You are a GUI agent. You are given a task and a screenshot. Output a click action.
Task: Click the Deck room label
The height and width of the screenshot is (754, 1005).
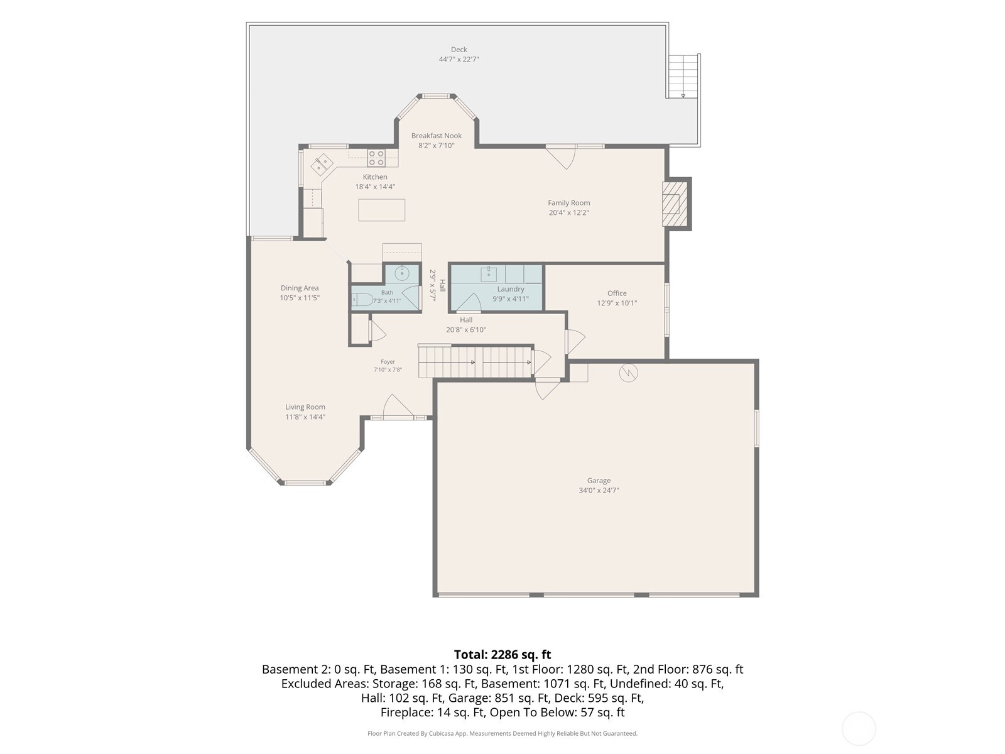point(459,50)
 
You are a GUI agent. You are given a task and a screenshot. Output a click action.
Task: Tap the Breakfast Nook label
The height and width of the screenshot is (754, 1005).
point(437,136)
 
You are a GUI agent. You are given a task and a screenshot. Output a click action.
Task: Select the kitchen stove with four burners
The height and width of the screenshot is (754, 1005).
point(376,158)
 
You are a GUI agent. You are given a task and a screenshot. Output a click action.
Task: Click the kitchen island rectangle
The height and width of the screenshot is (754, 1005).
point(381,210)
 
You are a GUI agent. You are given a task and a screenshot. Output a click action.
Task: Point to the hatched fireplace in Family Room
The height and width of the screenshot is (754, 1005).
point(675,204)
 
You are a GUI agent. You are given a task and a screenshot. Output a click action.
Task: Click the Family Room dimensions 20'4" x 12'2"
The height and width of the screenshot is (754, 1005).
point(568,212)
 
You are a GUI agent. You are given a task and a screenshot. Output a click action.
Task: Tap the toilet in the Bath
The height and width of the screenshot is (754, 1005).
point(362,300)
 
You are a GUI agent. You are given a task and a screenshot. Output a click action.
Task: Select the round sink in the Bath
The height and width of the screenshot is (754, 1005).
point(402,273)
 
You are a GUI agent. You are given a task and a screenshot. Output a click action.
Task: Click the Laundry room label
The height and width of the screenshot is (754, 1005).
point(511,289)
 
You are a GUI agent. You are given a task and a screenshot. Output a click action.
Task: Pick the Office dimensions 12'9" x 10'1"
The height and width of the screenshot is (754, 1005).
point(617,303)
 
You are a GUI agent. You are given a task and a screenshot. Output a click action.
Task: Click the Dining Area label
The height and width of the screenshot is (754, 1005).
point(300,288)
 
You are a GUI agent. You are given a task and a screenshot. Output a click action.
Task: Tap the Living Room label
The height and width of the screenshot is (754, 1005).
point(305,407)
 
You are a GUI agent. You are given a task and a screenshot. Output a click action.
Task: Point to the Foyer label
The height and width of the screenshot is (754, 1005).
point(388,362)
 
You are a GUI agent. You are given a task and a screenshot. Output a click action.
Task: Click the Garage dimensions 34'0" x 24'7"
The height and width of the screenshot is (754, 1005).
point(599,490)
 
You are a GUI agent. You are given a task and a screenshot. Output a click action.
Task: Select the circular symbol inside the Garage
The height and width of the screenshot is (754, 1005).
point(628,373)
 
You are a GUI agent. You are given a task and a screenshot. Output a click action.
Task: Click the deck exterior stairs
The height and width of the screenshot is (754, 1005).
point(683,76)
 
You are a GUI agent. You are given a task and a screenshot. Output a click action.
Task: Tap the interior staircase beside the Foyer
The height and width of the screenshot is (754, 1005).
point(475,362)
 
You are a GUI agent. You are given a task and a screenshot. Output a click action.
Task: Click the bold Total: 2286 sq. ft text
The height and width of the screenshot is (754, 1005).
point(503,654)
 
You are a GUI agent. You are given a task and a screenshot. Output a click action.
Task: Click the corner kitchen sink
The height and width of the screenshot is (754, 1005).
point(322,164)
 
